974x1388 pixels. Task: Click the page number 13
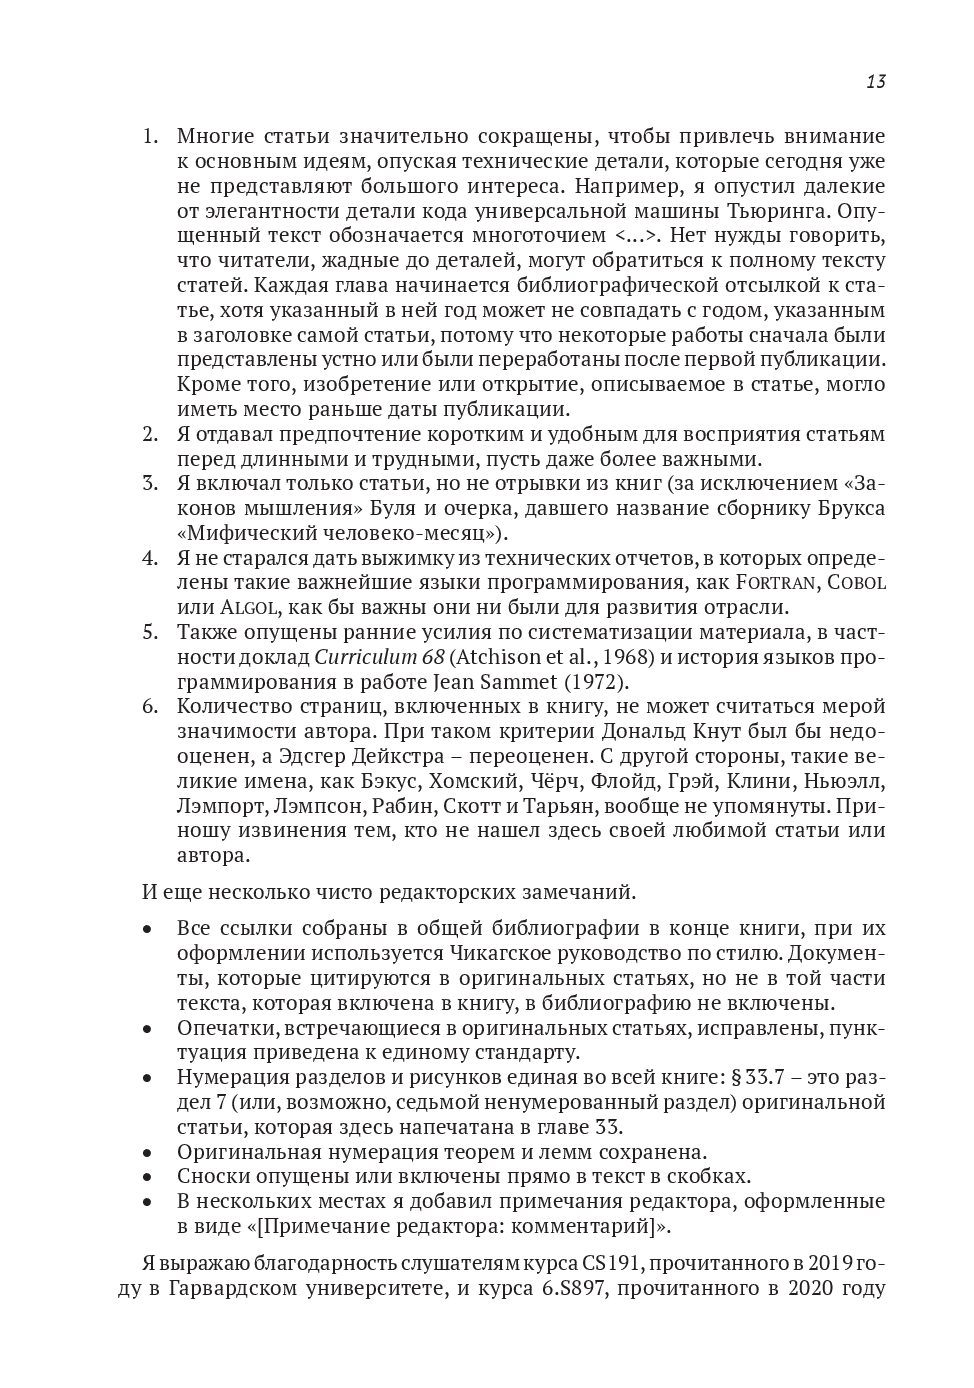875,82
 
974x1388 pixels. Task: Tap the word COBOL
853,583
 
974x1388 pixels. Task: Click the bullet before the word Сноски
147,1177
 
